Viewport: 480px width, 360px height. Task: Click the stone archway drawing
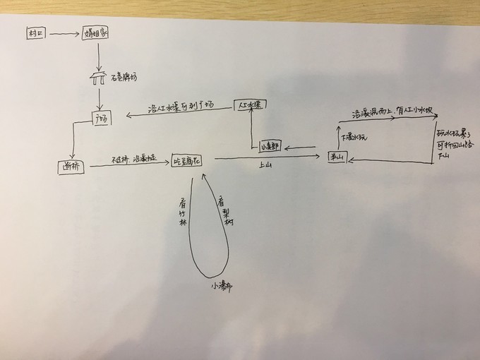pyautogui.click(x=98, y=77)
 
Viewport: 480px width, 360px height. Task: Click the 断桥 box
pyautogui.click(x=70, y=167)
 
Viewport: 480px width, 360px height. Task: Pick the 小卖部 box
pyautogui.click(x=270, y=147)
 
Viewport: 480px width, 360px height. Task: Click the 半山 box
pyautogui.click(x=335, y=157)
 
